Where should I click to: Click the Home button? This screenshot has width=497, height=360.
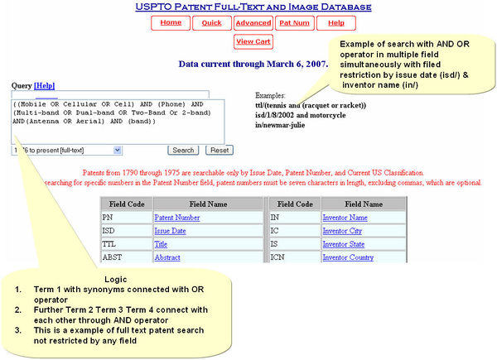point(171,23)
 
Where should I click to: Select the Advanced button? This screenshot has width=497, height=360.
point(252,23)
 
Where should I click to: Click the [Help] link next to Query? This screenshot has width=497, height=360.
point(44,85)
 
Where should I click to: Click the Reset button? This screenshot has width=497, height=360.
point(220,150)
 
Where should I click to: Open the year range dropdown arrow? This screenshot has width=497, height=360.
point(117,150)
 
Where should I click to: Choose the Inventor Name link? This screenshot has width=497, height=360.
point(345,217)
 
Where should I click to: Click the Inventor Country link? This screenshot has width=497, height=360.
point(350,257)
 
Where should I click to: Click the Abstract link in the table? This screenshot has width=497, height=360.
point(167,257)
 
